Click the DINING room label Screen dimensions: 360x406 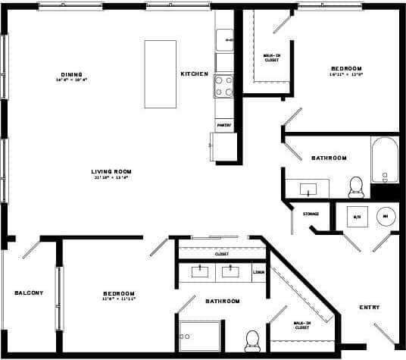pos(66,74)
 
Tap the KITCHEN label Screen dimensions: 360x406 pos(194,74)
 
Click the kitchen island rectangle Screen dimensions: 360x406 pos(160,74)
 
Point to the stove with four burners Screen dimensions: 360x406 pos(223,86)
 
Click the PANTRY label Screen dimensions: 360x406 pos(223,125)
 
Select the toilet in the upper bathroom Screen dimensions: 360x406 pos(355,186)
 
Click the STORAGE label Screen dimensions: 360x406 pos(311,214)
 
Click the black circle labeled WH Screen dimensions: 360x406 pos(386,215)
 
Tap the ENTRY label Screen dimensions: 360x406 pos(370,307)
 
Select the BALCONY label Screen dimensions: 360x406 pos(29,293)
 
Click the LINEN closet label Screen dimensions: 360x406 pos(258,271)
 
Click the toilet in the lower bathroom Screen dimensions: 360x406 pos(252,339)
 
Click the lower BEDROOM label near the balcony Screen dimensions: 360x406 pos(119,293)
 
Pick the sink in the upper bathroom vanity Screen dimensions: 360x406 pos(307,188)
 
